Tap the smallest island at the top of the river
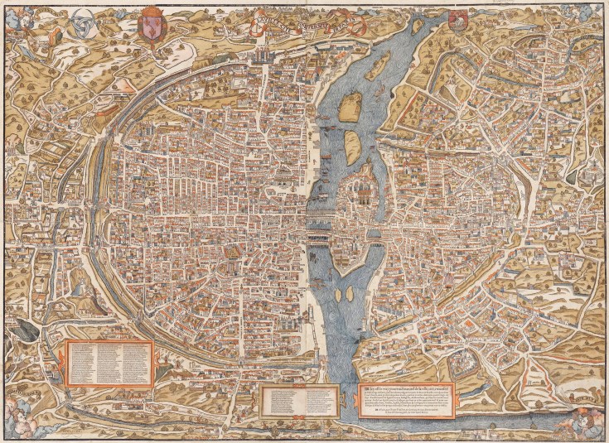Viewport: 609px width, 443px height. [x=415, y=26]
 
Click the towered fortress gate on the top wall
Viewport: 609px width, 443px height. [x=263, y=51]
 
